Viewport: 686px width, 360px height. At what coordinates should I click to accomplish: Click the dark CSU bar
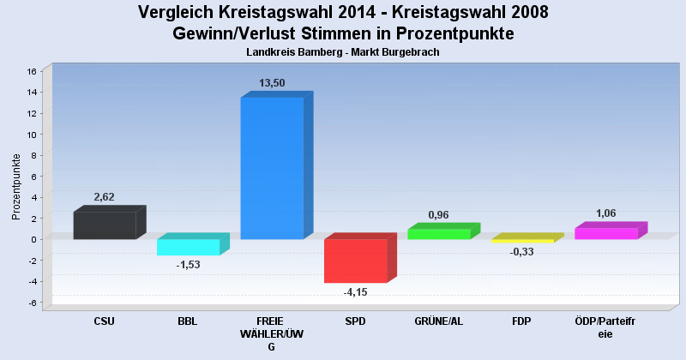point(105,225)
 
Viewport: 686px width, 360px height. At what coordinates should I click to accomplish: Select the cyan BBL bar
point(188,247)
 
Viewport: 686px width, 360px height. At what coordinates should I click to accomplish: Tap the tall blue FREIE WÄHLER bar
point(272,168)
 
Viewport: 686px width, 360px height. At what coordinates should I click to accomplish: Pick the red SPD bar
point(355,261)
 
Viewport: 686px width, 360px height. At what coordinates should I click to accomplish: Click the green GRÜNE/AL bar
point(438,234)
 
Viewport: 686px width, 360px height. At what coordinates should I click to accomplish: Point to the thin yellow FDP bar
point(522,241)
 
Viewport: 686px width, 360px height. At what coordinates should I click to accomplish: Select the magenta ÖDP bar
point(605,233)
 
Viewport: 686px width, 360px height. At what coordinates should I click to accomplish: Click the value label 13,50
point(272,83)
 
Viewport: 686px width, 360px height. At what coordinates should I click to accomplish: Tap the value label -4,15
point(355,293)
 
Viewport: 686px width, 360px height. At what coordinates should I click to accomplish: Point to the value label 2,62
point(105,197)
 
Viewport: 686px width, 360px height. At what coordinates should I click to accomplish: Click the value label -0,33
point(522,252)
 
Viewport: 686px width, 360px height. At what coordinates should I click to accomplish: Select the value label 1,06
point(605,213)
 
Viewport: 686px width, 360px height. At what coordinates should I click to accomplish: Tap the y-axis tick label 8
point(33,156)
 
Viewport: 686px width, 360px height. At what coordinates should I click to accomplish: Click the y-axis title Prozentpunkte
point(16,186)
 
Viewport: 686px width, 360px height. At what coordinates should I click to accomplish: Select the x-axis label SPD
point(355,321)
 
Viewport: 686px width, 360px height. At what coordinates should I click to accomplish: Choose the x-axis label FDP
point(522,321)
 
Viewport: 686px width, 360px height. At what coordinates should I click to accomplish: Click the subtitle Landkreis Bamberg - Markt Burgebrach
point(342,52)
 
